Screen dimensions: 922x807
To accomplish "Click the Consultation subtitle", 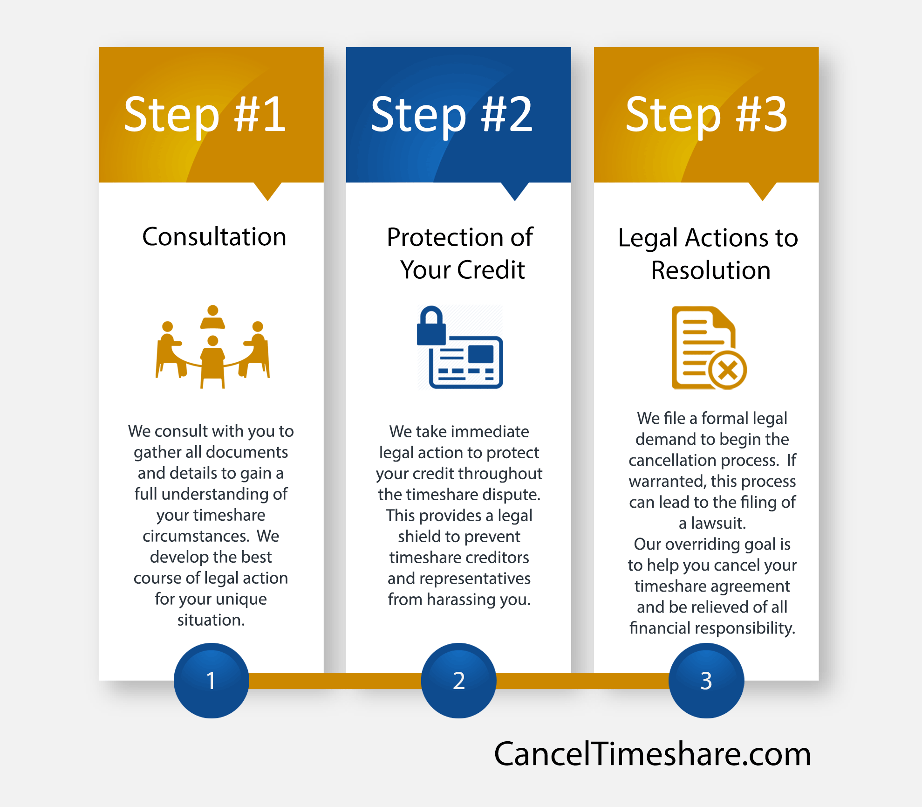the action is coord(214,237).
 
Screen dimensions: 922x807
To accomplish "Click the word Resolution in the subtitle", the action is coord(710,270).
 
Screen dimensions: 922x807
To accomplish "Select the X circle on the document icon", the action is coord(728,371).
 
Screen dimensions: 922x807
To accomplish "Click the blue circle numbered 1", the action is coord(211,681).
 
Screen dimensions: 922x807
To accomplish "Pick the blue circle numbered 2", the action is coord(459,681).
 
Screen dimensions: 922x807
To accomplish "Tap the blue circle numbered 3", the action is coord(706,681).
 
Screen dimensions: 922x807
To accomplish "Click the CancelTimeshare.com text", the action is coord(652,754).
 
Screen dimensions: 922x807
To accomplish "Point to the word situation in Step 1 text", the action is coord(211,620).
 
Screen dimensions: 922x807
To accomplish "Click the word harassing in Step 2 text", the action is coord(461,600).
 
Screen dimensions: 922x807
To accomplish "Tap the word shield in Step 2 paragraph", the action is coord(419,536).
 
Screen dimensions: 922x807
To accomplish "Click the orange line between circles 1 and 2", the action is coord(335,681).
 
